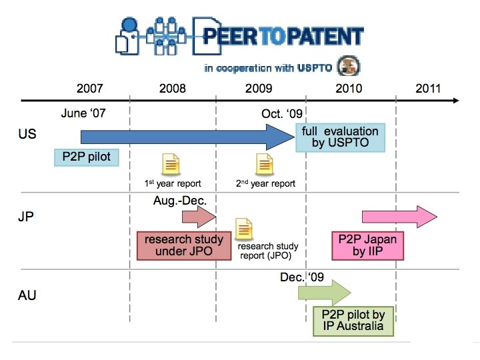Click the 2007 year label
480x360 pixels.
[89, 89]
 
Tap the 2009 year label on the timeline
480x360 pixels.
[259, 89]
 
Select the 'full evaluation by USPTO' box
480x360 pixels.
[339, 137]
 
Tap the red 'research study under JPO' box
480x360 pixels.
[180, 245]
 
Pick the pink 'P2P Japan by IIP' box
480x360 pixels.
[367, 245]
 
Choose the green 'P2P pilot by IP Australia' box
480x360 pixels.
[353, 320]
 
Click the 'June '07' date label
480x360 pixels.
[83, 113]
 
